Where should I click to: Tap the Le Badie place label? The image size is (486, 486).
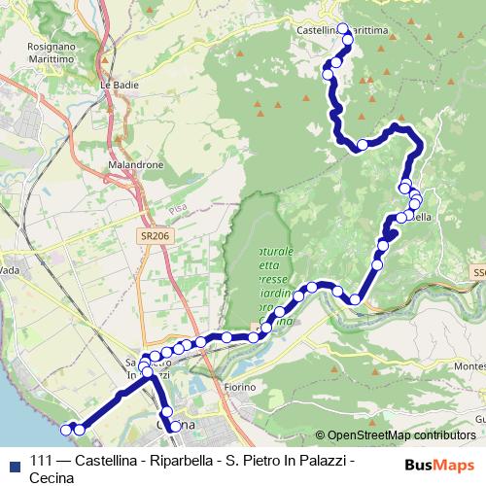click(x=115, y=85)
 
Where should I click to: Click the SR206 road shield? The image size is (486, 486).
click(x=153, y=236)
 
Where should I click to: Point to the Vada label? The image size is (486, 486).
click(x=10, y=270)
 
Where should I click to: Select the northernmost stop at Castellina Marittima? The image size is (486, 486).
click(x=342, y=28)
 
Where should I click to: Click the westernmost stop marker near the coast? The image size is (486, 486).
click(x=67, y=429)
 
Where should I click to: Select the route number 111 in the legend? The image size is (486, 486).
click(x=42, y=461)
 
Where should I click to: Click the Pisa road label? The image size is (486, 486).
click(x=178, y=209)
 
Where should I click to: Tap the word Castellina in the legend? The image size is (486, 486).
click(x=107, y=461)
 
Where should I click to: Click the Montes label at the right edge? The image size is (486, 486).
click(x=469, y=364)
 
